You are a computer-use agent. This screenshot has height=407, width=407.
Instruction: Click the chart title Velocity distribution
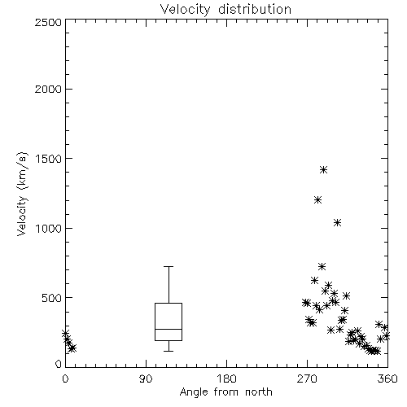pos(225,10)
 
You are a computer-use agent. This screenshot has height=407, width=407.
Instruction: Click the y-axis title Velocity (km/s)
pos(22,194)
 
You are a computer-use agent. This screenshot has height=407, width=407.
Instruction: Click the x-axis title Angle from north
pos(225,392)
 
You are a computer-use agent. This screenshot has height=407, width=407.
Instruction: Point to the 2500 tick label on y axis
pos(48,22)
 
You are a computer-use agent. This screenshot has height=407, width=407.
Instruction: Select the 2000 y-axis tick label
pos(48,89)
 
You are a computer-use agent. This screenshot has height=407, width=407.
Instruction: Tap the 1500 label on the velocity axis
pos(49,159)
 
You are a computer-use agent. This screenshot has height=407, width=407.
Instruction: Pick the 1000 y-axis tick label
pos(49,228)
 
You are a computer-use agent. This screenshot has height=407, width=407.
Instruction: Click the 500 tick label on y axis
pos(52,298)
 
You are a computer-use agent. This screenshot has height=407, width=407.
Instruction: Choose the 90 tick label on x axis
pos(146,379)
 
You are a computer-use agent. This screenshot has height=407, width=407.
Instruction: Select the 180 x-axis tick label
pos(226,379)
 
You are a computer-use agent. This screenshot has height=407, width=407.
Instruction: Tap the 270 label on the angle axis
pos(307,379)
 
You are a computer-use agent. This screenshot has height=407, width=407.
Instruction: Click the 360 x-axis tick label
pos(387,379)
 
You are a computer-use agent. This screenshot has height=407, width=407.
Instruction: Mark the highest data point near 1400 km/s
pos(323,170)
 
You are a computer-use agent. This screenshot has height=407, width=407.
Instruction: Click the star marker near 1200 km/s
pos(317,200)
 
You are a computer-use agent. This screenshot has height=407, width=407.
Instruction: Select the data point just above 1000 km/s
pos(337,223)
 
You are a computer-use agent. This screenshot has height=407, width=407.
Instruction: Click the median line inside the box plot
pos(168,329)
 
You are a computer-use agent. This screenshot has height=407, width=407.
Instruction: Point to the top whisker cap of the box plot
pos(168,266)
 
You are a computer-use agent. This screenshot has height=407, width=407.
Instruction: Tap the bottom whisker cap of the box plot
pos(168,351)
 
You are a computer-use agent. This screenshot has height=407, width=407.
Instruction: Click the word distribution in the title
pos(255,10)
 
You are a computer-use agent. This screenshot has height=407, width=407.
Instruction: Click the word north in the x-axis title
pos(259,392)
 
